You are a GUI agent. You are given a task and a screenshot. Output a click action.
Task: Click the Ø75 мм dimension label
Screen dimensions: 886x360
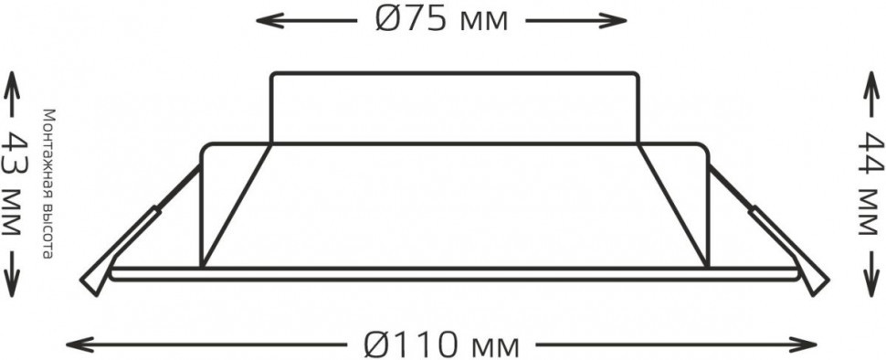tap(440, 20)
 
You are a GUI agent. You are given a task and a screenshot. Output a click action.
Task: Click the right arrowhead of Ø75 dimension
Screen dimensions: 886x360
tap(621, 19)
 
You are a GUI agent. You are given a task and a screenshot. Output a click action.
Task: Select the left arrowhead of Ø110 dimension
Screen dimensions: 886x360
tap(73, 344)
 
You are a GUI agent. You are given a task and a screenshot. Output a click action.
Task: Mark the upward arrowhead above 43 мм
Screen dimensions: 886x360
tap(16, 79)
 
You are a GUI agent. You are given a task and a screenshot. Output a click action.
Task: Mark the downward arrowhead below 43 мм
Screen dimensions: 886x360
tap(16, 285)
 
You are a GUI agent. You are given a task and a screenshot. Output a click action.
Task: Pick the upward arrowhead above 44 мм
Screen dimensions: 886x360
tap(872, 79)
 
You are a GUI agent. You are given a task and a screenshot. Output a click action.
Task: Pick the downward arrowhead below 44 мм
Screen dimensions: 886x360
tap(872, 285)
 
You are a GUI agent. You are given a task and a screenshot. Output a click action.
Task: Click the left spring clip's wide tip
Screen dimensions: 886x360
tap(94, 279)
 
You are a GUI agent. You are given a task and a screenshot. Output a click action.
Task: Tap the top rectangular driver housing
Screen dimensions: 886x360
tap(454, 107)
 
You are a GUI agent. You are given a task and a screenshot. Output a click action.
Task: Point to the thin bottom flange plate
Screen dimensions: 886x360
tap(454, 272)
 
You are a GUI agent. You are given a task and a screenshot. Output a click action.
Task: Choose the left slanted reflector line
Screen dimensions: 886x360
tap(236, 206)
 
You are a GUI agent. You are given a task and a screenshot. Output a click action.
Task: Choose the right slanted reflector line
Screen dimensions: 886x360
tap(673, 206)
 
